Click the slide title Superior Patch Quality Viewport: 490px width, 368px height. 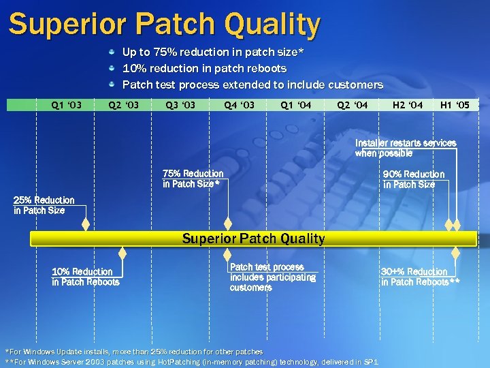tap(164, 25)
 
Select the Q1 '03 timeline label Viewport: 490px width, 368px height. tap(67, 105)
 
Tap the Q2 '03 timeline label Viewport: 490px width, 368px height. tap(124, 105)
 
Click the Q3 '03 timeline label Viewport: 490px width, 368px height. tap(180, 105)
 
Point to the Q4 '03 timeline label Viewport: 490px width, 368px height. tap(239, 105)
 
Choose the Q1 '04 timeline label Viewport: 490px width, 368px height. tap(296, 105)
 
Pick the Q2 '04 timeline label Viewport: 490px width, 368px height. tap(353, 105)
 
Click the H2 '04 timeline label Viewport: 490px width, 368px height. tap(408, 105)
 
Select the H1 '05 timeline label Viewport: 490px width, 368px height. tap(455, 105)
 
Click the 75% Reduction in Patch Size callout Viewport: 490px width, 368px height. tap(193, 179)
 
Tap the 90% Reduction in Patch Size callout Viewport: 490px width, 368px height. tap(414, 179)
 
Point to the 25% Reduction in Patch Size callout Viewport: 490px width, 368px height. tap(44, 205)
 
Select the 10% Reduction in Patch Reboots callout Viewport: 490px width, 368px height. tap(85, 277)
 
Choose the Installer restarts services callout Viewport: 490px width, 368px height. tap(405, 148)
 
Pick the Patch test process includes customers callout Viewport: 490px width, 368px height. tap(272, 277)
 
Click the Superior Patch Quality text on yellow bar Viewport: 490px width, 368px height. tap(253, 239)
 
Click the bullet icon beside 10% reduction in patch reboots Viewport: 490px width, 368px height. tap(113, 68)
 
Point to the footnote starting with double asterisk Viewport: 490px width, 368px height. tap(191, 362)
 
